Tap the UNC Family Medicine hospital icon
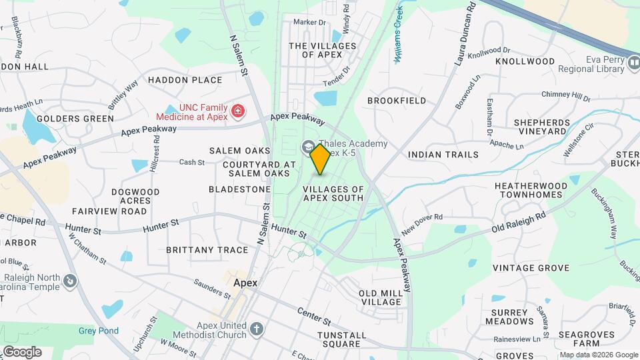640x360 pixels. point(237,111)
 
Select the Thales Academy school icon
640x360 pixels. point(309,146)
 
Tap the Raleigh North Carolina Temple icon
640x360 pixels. point(69,283)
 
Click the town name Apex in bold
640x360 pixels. point(245,283)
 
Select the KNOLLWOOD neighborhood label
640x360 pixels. point(525,61)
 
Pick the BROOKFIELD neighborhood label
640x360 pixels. point(397,101)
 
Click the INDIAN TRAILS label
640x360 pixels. point(443,155)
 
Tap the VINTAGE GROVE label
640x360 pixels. point(531,268)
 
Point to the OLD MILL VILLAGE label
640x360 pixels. point(381,297)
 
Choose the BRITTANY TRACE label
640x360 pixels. point(197,250)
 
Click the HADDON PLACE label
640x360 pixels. point(185,80)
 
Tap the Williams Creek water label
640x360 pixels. point(399,35)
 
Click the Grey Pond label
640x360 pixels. point(98,331)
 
